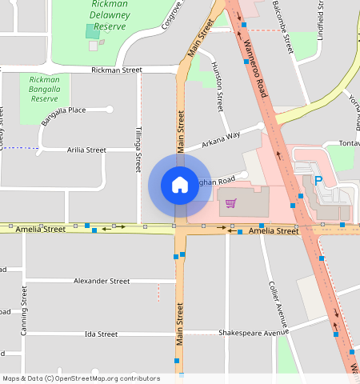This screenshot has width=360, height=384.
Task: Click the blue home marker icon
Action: pyautogui.click(x=179, y=186)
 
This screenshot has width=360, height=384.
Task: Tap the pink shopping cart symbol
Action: pyautogui.click(x=231, y=202)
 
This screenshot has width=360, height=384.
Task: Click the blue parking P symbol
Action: pyautogui.click(x=318, y=182)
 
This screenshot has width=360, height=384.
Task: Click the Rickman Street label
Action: pyautogui.click(x=117, y=70)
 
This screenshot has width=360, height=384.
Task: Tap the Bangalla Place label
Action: pyautogui.click(x=66, y=110)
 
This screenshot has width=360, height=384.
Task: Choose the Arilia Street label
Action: pyautogui.click(x=86, y=150)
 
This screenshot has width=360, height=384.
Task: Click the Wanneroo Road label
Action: pyautogui.click(x=255, y=72)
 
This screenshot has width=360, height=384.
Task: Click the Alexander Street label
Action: pyautogui.click(x=101, y=282)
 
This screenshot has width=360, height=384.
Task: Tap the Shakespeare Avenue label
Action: pyautogui.click(x=252, y=333)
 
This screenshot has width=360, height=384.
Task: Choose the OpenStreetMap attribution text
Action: pyautogui.click(x=81, y=378)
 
